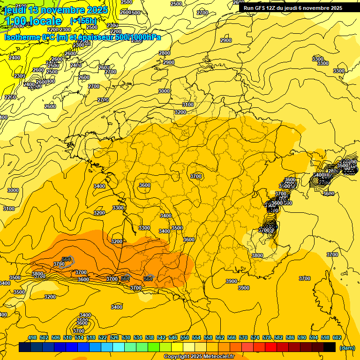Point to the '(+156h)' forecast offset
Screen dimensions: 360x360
coord(83,21)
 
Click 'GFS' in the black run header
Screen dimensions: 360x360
coord(259,8)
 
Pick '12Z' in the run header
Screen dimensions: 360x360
coord(271,8)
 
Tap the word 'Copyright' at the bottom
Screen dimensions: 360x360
coord(176,357)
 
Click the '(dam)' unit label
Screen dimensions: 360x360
coord(347,348)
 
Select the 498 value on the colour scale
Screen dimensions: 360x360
coord(33,337)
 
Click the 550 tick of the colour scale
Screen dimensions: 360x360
coord(185,337)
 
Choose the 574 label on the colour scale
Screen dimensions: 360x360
coord(255,337)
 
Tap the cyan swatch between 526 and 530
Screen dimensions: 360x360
coord(119,347)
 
